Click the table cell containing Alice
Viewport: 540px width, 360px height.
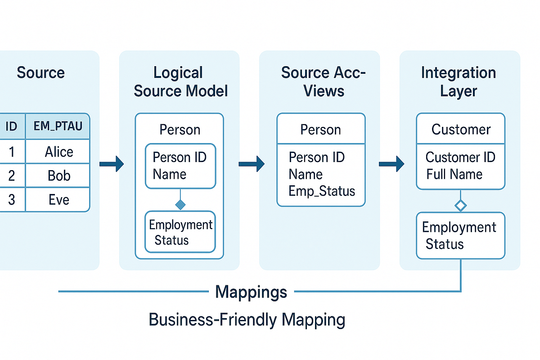[58, 152]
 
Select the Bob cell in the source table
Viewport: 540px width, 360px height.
[58, 175]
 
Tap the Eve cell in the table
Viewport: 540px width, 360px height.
[58, 199]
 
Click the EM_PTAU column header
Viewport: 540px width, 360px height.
[58, 126]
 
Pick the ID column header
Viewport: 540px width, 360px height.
[11, 126]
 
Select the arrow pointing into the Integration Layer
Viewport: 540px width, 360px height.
[391, 164]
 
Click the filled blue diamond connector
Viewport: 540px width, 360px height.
[180, 205]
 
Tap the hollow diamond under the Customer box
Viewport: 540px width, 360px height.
[460, 206]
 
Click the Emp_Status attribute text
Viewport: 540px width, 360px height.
[321, 191]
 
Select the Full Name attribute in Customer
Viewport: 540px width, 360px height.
[454, 174]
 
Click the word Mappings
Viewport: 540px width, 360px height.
[251, 292]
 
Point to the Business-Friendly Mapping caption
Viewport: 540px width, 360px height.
[247, 320]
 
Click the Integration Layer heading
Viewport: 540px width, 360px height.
[458, 81]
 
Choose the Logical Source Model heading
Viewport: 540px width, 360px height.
[180, 81]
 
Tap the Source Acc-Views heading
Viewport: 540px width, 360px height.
[323, 81]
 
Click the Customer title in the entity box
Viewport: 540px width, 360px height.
[460, 130]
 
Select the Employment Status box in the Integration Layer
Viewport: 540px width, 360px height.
[460, 236]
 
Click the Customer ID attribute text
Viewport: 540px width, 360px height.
[460, 157]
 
